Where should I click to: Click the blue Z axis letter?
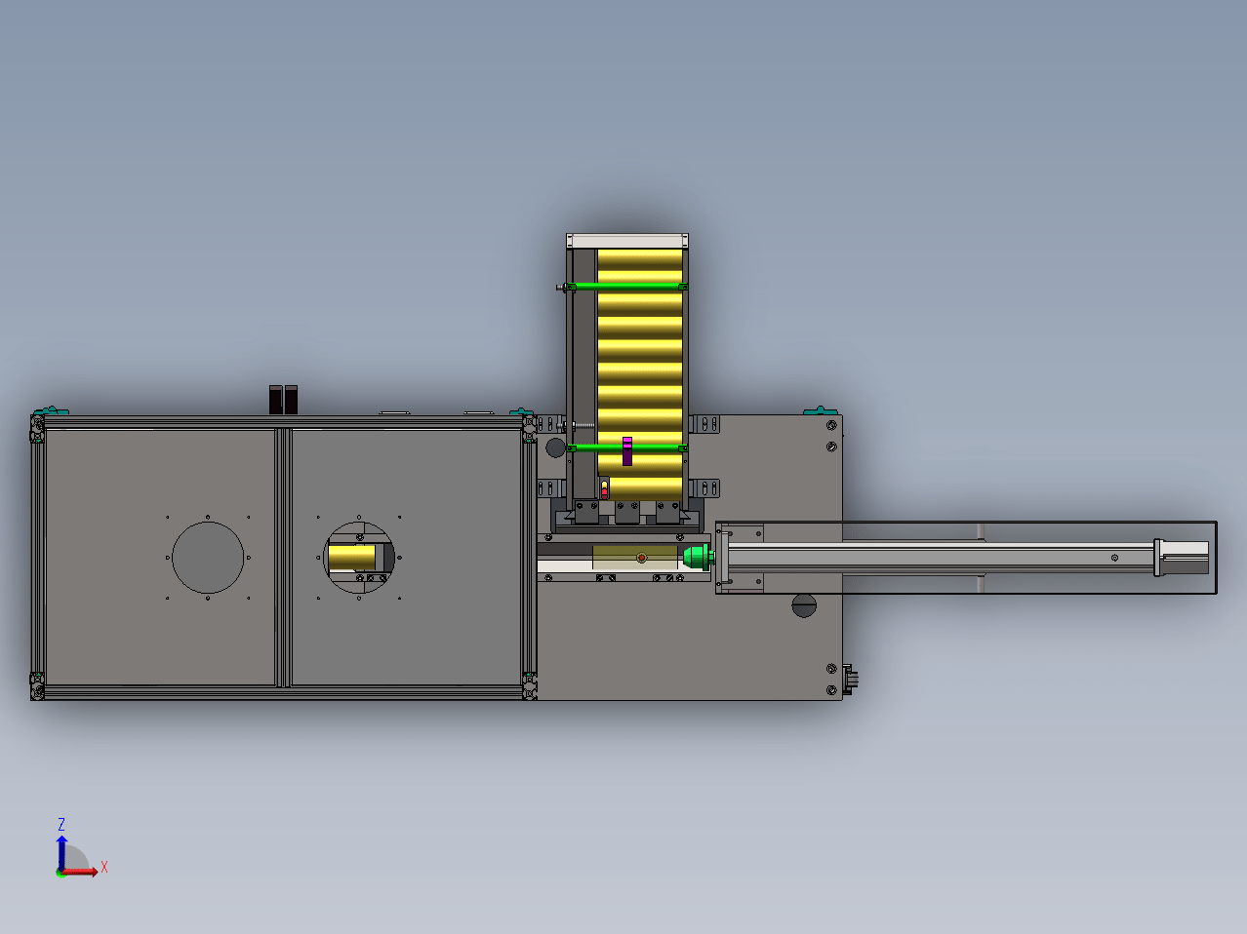pos(61,824)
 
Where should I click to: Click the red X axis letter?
pos(104,867)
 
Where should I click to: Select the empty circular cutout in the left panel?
pos(208,558)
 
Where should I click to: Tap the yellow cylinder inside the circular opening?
pos(351,558)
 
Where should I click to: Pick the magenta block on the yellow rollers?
pos(627,451)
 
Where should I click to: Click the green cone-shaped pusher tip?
pos(698,558)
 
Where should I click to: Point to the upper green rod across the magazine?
pos(627,287)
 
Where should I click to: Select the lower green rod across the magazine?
pos(627,448)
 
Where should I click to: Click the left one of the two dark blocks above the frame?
pos(275,400)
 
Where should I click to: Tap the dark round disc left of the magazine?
pos(555,448)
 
